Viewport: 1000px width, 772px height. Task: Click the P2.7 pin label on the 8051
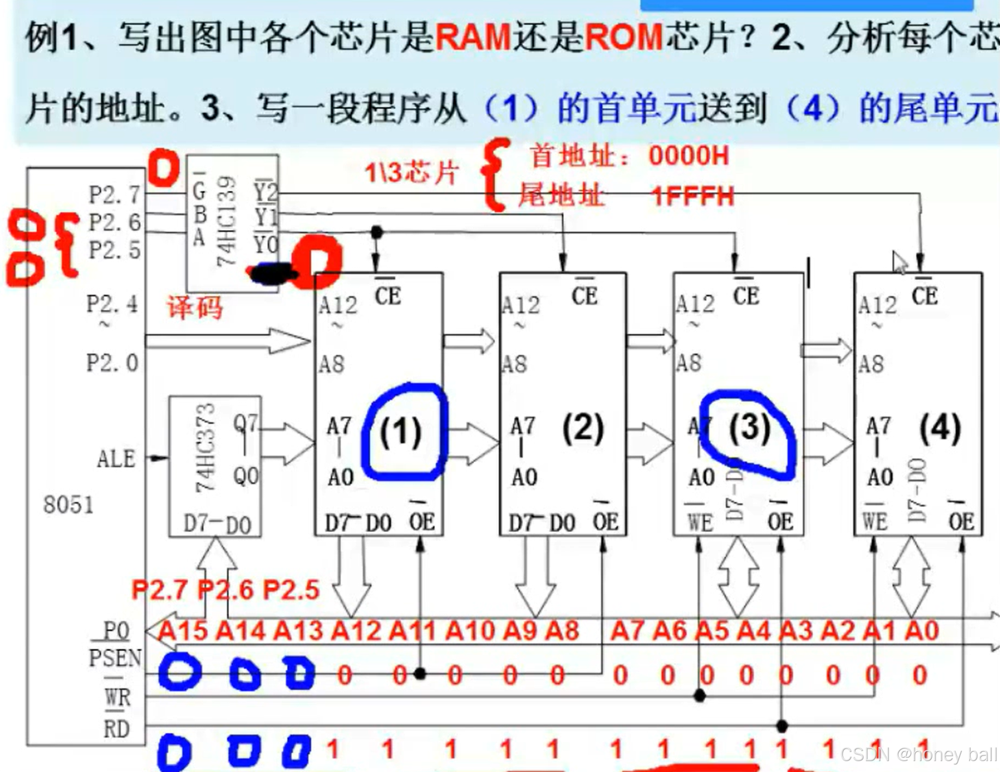coord(115,195)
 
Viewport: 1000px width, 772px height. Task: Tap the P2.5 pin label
coord(115,250)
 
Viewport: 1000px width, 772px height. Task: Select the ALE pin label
coord(116,459)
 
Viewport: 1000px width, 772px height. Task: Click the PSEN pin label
coord(115,658)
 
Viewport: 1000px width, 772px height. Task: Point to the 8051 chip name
coord(68,505)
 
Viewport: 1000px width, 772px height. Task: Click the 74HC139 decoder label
coord(226,221)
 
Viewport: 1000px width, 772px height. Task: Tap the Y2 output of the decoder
coord(266,192)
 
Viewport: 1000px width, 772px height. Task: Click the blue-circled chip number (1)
coord(401,432)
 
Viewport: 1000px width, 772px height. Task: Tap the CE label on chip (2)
coord(585,296)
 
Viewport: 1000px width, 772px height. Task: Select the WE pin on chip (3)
coord(700,522)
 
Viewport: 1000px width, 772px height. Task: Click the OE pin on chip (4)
coord(961,522)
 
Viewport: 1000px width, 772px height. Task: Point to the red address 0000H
coord(689,156)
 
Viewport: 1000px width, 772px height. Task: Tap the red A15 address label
coord(183,631)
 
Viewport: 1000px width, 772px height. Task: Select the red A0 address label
coord(921,631)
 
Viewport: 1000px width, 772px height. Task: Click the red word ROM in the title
coord(623,37)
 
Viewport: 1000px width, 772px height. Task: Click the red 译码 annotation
coord(195,307)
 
